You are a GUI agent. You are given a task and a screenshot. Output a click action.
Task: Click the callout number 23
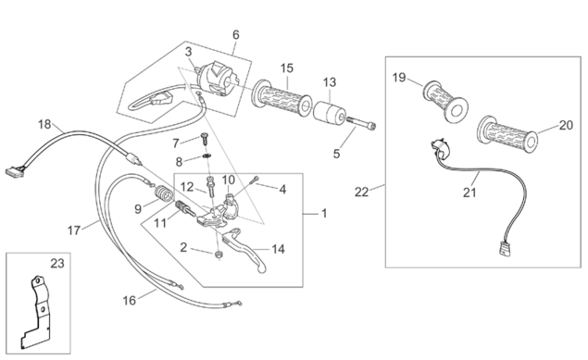click(x=57, y=264)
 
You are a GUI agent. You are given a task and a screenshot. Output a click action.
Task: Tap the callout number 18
click(x=44, y=124)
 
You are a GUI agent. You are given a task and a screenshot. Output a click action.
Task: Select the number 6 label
click(x=235, y=35)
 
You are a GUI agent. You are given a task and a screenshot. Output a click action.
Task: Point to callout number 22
click(x=361, y=192)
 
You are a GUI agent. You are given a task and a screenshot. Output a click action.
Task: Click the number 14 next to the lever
click(x=278, y=249)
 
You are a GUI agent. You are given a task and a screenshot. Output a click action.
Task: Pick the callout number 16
click(x=130, y=300)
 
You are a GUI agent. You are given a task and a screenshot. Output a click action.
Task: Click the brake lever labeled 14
click(x=244, y=249)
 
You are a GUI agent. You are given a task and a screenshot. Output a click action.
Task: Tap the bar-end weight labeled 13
click(x=329, y=113)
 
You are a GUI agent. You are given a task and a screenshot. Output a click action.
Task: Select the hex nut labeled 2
click(x=218, y=254)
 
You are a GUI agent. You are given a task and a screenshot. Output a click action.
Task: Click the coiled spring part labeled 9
click(x=164, y=193)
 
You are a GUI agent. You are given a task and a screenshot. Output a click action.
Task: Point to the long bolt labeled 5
click(x=361, y=123)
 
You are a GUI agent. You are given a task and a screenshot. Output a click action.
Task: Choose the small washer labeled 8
click(x=206, y=155)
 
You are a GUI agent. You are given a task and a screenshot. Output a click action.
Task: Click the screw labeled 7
click(x=205, y=139)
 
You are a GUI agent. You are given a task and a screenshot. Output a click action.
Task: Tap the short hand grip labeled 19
click(x=446, y=101)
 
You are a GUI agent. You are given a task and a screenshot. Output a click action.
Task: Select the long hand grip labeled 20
click(x=507, y=134)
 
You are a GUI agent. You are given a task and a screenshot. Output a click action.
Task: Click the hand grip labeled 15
click(x=281, y=98)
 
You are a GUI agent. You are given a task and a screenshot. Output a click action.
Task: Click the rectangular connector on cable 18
click(x=14, y=171)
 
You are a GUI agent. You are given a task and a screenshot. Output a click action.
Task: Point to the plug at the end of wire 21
click(x=504, y=250)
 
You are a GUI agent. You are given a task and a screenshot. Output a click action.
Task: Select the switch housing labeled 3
click(x=218, y=80)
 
